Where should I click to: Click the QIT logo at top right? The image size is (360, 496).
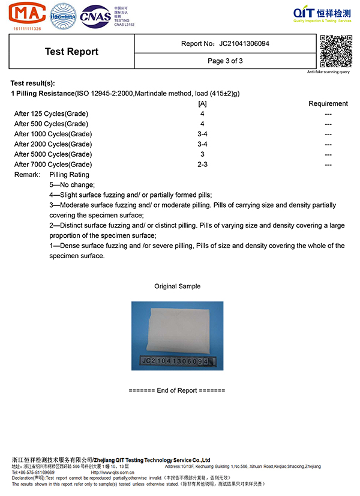tap(322, 14)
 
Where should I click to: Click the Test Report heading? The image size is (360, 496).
tap(71, 52)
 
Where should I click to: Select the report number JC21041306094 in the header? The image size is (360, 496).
tap(244, 44)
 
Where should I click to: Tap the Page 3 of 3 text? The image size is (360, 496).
tap(225, 61)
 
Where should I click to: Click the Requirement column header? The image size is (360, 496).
tap(328, 103)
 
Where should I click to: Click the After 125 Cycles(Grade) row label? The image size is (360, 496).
tap(52, 113)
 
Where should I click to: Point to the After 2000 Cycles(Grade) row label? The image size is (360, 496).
tap(53, 144)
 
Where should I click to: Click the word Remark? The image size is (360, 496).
tap(27, 175)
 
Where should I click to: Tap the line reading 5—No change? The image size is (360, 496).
tap(72, 185)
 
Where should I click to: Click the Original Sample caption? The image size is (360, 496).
tap(177, 286)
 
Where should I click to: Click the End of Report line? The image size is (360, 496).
tap(177, 390)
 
